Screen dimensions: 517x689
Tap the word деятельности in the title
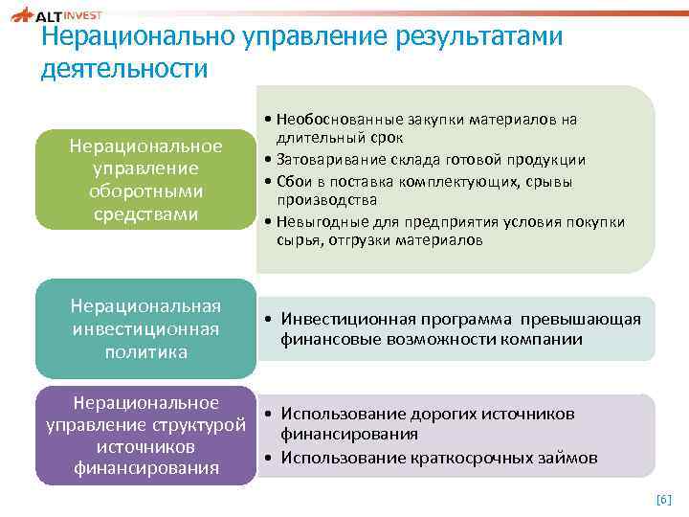click(x=124, y=70)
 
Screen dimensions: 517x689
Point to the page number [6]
click(x=664, y=499)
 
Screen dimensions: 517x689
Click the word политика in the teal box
click(x=146, y=352)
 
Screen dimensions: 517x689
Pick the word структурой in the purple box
click(x=208, y=424)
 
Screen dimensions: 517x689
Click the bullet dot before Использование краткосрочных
click(x=271, y=458)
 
